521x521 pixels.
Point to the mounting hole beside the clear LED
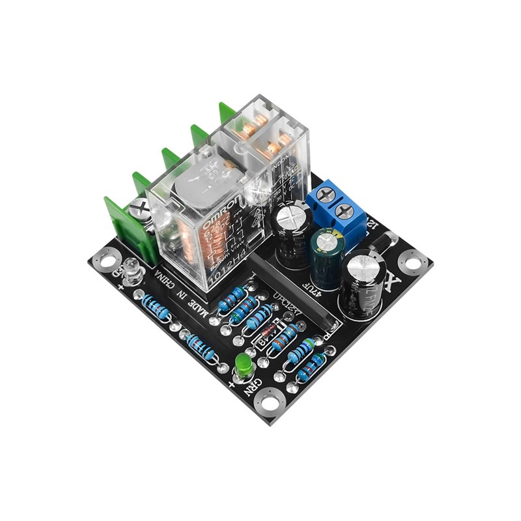point(105,261)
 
